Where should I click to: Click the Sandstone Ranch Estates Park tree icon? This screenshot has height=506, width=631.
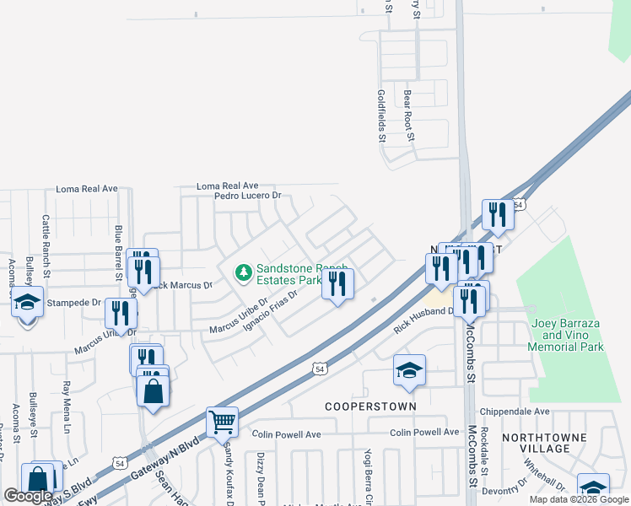point(244,272)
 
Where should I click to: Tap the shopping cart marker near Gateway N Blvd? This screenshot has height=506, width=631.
point(222,421)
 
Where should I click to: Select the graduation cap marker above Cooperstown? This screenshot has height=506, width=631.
point(410,370)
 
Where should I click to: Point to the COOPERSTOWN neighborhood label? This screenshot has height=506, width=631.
point(371,406)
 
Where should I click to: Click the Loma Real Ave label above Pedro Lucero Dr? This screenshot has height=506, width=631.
point(227,186)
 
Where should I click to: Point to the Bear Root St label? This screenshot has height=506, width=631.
point(408,115)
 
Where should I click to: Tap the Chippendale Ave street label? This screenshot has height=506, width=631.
point(515,412)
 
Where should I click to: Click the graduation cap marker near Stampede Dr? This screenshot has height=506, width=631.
point(27,301)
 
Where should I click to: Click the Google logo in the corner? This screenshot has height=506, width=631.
point(29,496)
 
